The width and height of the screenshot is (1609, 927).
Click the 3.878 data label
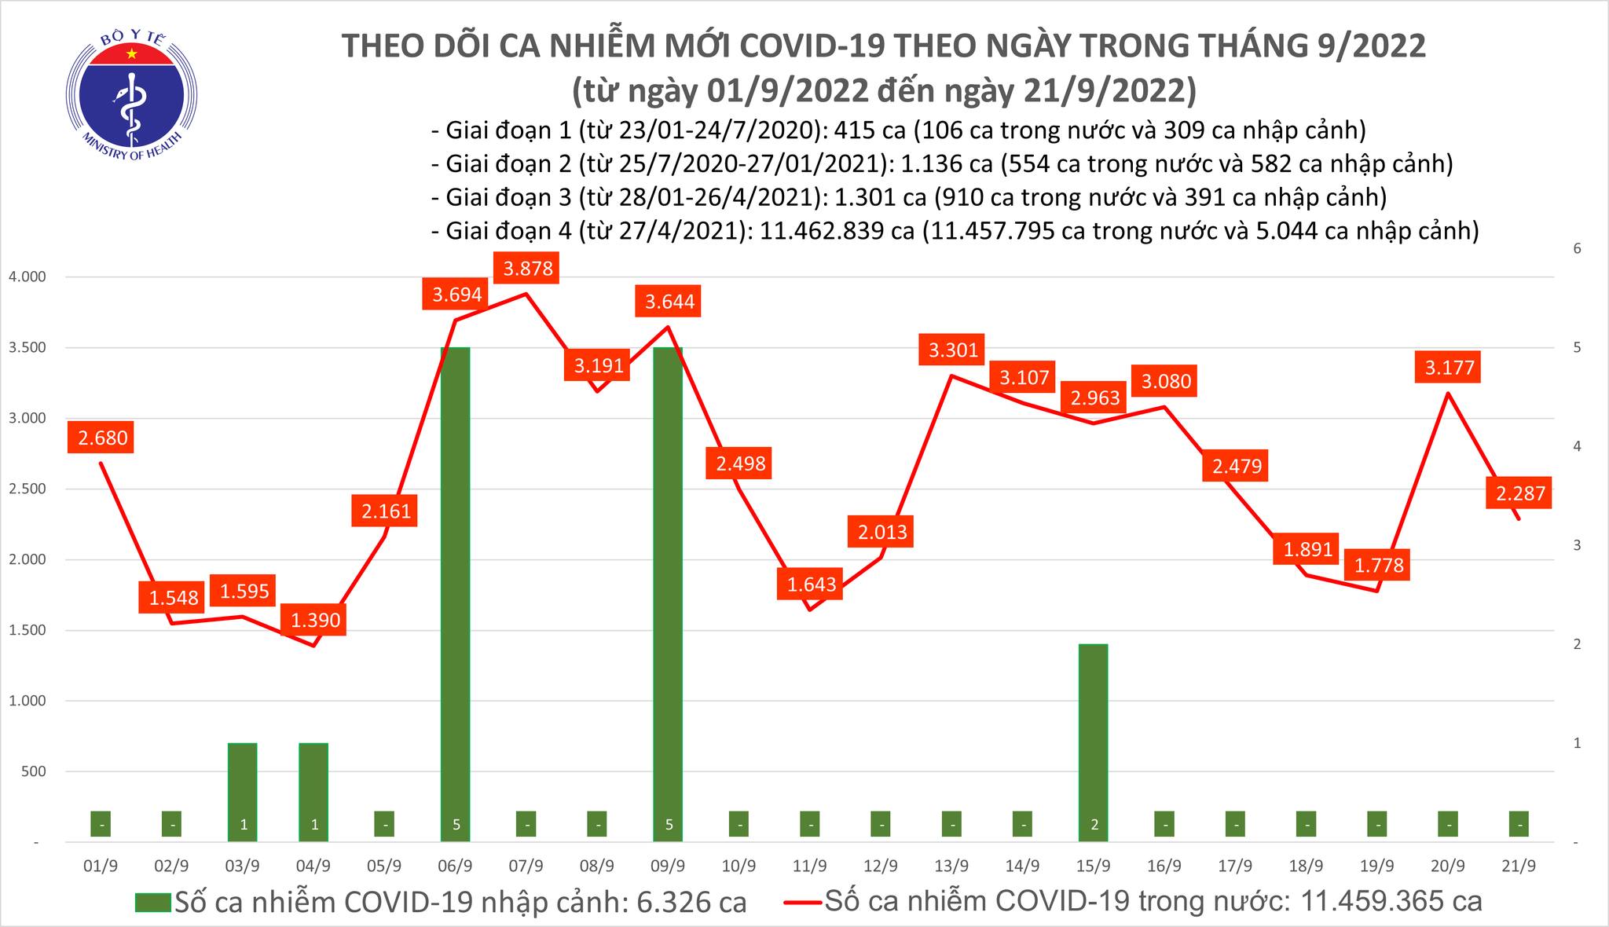click(x=528, y=269)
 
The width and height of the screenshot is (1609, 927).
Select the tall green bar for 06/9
click(x=455, y=589)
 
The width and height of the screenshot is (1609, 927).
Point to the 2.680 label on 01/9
click(x=103, y=438)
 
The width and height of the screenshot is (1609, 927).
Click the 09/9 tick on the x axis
click(x=668, y=866)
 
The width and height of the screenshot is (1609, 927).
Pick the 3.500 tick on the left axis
click(x=27, y=348)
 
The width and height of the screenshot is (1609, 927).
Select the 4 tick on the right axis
click(x=1576, y=446)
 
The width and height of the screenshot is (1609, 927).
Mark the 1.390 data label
click(x=315, y=621)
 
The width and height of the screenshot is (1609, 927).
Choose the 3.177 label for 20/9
click(x=1450, y=367)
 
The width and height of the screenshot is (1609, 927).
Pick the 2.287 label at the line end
click(x=1520, y=493)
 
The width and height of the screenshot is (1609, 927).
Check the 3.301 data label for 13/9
click(x=952, y=350)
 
